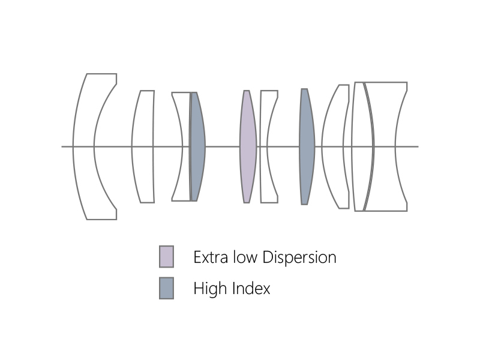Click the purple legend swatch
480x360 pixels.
(166, 256)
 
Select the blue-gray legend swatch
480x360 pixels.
(166, 288)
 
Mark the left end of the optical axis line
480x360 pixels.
(62, 146)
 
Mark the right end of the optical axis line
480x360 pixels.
(418, 146)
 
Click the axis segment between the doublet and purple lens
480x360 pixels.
(223, 146)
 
